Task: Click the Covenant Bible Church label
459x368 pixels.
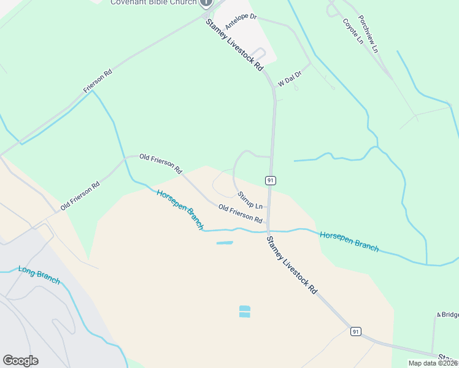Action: (x=153, y=2)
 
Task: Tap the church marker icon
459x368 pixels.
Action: (x=206, y=2)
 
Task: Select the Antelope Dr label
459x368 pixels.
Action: (x=240, y=22)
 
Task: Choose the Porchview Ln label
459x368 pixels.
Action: (x=368, y=33)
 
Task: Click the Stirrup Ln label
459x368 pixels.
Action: (x=250, y=200)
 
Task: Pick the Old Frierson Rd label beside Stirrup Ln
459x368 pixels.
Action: (x=241, y=213)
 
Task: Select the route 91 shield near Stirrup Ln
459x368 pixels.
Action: (x=270, y=180)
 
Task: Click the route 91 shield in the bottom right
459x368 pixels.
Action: (x=355, y=331)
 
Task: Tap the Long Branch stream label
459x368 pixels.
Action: (x=39, y=274)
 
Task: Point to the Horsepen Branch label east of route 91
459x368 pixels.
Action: (x=349, y=241)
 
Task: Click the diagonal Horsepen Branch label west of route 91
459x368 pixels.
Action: (x=180, y=209)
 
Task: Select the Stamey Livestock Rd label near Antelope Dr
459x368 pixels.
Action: (x=234, y=45)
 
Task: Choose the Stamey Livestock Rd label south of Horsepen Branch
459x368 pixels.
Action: (x=292, y=265)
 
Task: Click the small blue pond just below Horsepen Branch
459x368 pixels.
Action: (x=225, y=243)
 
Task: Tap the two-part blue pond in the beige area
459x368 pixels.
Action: (x=244, y=312)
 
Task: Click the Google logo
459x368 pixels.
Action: (x=20, y=361)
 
